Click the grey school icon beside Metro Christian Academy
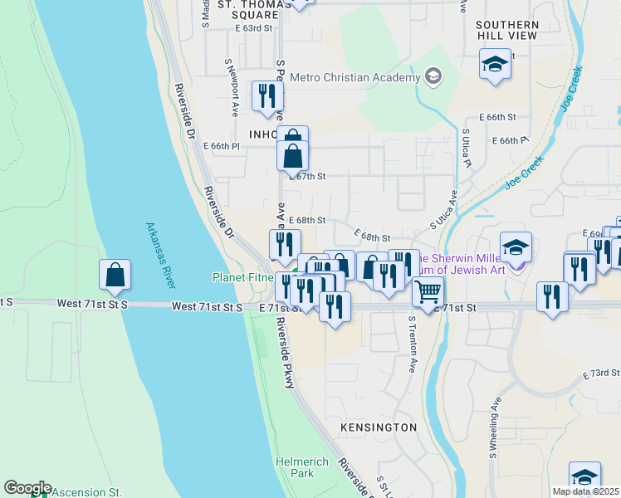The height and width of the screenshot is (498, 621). pyautogui.click(x=432, y=77)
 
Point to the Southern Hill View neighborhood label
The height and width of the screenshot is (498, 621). pyautogui.click(x=507, y=31)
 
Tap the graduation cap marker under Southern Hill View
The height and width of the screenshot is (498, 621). pyautogui.click(x=496, y=65)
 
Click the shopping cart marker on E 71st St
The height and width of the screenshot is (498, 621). pyautogui.click(x=428, y=292)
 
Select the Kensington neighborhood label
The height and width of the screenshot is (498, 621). pyautogui.click(x=379, y=427)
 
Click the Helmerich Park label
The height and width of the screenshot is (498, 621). pyautogui.click(x=302, y=467)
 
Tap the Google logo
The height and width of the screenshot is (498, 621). pyautogui.click(x=27, y=488)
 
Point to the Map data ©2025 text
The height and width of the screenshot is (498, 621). pyautogui.click(x=584, y=491)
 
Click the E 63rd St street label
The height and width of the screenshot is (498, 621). pyautogui.click(x=253, y=28)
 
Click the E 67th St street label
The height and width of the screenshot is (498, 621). pyautogui.click(x=308, y=177)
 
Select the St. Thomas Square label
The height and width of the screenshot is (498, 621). pyautogui.click(x=248, y=9)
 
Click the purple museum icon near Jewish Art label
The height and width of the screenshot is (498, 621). pyautogui.click(x=518, y=265)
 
